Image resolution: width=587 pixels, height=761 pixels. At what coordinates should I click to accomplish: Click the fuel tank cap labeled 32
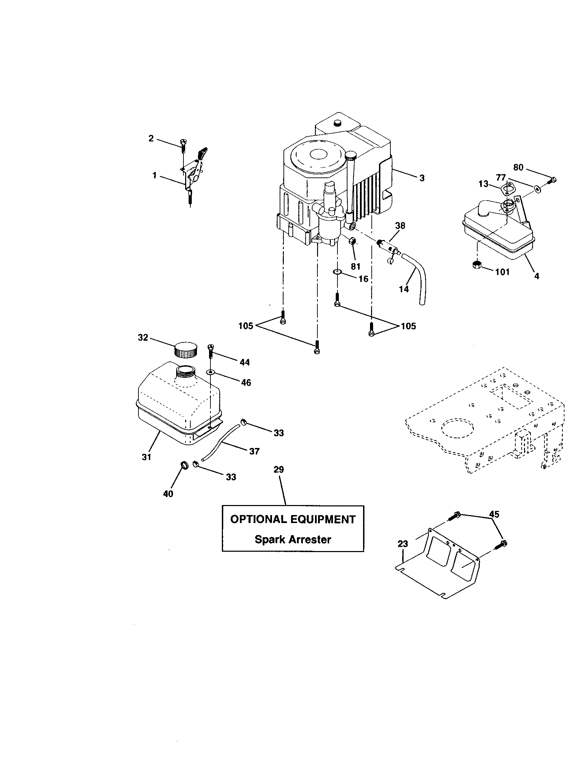185,349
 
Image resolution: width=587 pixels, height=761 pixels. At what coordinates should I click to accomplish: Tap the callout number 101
502,272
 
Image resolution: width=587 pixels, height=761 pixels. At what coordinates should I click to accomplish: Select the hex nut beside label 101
477,265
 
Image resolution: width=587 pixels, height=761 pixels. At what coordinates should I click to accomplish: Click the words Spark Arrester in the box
293,540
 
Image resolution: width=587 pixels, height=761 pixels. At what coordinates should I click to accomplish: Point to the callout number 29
279,469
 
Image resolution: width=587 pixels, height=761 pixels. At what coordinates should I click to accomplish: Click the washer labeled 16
337,272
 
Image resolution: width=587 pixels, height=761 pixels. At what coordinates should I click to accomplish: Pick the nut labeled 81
353,241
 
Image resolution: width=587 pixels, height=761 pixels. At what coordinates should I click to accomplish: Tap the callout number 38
400,226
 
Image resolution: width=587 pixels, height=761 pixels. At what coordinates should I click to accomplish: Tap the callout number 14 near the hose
404,289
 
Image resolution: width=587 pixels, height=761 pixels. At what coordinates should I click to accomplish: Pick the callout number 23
403,544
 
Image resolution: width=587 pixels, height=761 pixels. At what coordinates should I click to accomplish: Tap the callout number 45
494,514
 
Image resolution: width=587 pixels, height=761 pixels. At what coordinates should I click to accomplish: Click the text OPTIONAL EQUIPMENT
293,520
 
